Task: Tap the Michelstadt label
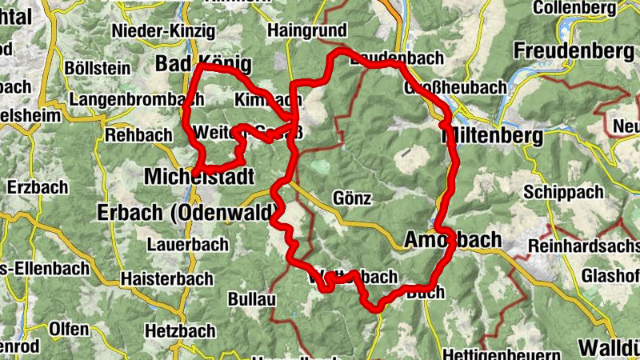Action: [x=199, y=176]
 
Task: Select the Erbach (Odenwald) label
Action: [x=186, y=213]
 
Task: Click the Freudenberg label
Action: [x=568, y=50]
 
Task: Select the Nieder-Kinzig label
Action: [x=165, y=31]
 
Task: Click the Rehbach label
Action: [x=138, y=135]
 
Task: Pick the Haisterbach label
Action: [x=167, y=279]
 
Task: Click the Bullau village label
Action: [x=252, y=299]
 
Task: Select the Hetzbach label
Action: [x=181, y=330]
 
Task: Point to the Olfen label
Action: [x=69, y=329]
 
